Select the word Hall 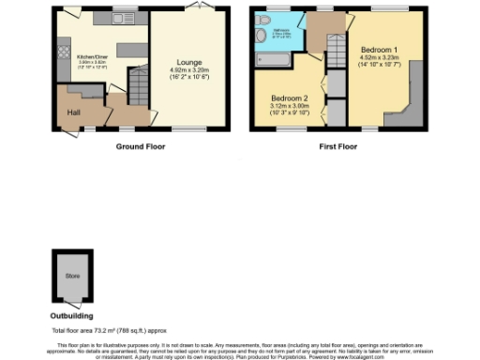(x=73, y=112)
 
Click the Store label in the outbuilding (x=72, y=276)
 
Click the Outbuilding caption (x=71, y=316)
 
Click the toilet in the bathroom (x=257, y=35)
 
